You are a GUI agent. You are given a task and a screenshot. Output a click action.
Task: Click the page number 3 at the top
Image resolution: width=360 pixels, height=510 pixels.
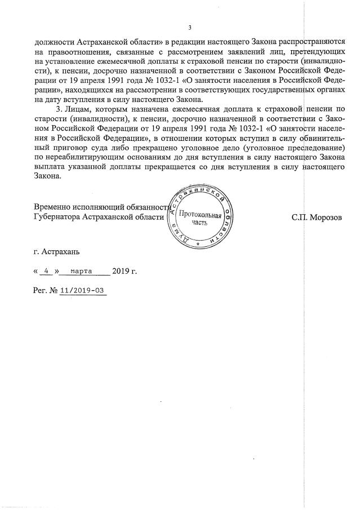(189, 28)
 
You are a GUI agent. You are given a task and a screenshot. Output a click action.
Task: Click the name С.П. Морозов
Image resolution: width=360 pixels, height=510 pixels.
(316, 217)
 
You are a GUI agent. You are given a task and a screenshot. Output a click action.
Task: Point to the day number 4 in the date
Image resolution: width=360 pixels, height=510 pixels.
(47, 271)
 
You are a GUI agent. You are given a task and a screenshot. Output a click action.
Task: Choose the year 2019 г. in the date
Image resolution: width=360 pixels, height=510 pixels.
(124, 271)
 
